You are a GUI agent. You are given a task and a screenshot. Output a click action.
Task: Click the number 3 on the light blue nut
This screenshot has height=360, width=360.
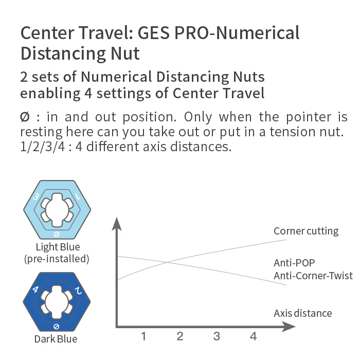pyautogui.click(x=36, y=197)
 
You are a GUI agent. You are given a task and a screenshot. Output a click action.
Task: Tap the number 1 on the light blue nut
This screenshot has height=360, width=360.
pyautogui.click(x=78, y=196)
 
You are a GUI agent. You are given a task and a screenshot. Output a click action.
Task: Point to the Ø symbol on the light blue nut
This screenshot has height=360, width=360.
pyautogui.click(x=57, y=234)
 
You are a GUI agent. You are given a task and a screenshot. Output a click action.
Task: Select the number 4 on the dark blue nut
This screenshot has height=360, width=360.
pyautogui.click(x=35, y=289)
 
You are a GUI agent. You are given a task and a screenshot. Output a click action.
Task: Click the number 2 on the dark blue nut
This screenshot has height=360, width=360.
pyautogui.click(x=79, y=291)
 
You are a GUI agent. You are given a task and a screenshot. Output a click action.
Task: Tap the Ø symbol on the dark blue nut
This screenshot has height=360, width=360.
pyautogui.click(x=56, y=327)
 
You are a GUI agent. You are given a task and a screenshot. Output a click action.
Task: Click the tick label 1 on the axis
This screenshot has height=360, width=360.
pyautogui.click(x=143, y=336)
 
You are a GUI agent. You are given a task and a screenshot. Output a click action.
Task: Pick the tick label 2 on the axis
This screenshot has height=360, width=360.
pyautogui.click(x=180, y=336)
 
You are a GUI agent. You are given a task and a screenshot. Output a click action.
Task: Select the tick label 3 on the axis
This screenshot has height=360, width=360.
pyautogui.click(x=217, y=336)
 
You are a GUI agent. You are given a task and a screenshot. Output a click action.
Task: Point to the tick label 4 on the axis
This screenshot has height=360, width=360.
pyautogui.click(x=253, y=336)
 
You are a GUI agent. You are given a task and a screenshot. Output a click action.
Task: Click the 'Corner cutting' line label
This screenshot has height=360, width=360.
pyautogui.click(x=306, y=231)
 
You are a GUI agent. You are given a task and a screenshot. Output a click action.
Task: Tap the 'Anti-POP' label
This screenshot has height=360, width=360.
pyautogui.click(x=294, y=263)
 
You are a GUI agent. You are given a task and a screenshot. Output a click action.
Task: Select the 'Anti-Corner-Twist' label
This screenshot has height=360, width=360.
pyautogui.click(x=313, y=276)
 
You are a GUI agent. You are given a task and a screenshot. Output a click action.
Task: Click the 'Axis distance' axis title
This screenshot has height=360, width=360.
pyautogui.click(x=303, y=313)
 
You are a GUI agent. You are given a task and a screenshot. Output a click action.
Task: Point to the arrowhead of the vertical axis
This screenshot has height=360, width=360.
pyautogui.click(x=117, y=223)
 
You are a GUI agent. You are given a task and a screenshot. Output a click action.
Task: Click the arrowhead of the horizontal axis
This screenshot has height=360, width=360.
pyautogui.click(x=289, y=327)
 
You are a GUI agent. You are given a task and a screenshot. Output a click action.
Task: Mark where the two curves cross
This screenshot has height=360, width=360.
pyautogui.click(x=167, y=262)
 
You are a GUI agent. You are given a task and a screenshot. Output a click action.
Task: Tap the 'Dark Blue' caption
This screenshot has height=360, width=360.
pyautogui.click(x=56, y=339)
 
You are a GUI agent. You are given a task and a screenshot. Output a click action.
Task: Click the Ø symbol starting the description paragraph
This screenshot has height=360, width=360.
pyautogui.click(x=25, y=117)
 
